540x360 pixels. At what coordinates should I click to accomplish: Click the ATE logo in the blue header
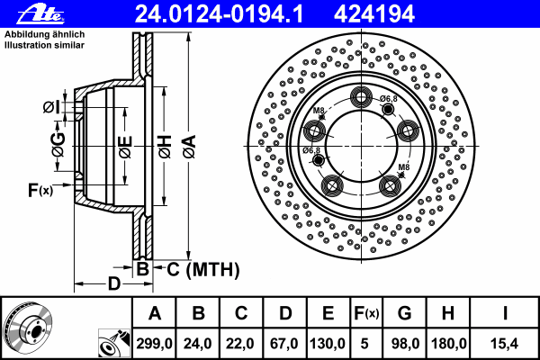[x=40, y=13]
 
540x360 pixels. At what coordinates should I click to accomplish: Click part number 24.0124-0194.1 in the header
[x=220, y=14]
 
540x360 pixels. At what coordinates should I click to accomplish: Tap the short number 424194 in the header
[x=374, y=14]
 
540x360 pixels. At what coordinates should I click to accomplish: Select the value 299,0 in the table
[x=154, y=344]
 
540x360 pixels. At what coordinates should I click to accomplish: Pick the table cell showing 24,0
[x=197, y=344]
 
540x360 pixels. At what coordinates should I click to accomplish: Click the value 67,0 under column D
[x=284, y=344]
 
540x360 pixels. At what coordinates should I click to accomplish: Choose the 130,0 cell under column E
[x=328, y=344]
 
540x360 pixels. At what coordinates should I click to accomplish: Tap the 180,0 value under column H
[x=448, y=344]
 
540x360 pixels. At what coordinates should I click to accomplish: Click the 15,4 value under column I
[x=505, y=344]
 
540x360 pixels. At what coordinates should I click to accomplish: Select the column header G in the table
[x=405, y=313]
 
